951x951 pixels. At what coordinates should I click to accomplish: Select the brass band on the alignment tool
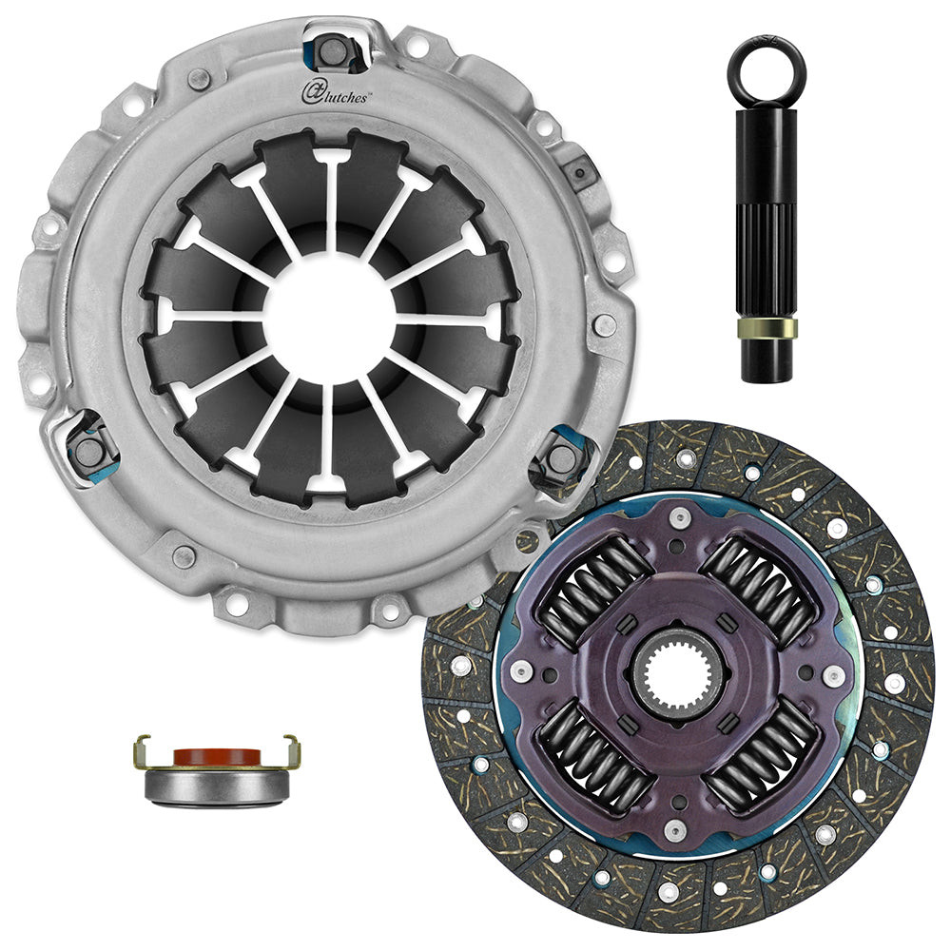(767, 328)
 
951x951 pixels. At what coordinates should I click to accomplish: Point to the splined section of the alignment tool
(767, 247)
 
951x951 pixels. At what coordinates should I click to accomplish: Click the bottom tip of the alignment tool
(767, 371)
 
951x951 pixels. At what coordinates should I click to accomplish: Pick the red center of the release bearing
(217, 757)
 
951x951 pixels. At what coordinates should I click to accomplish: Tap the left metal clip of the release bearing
(143, 751)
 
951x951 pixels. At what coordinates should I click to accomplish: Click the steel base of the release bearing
(217, 786)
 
